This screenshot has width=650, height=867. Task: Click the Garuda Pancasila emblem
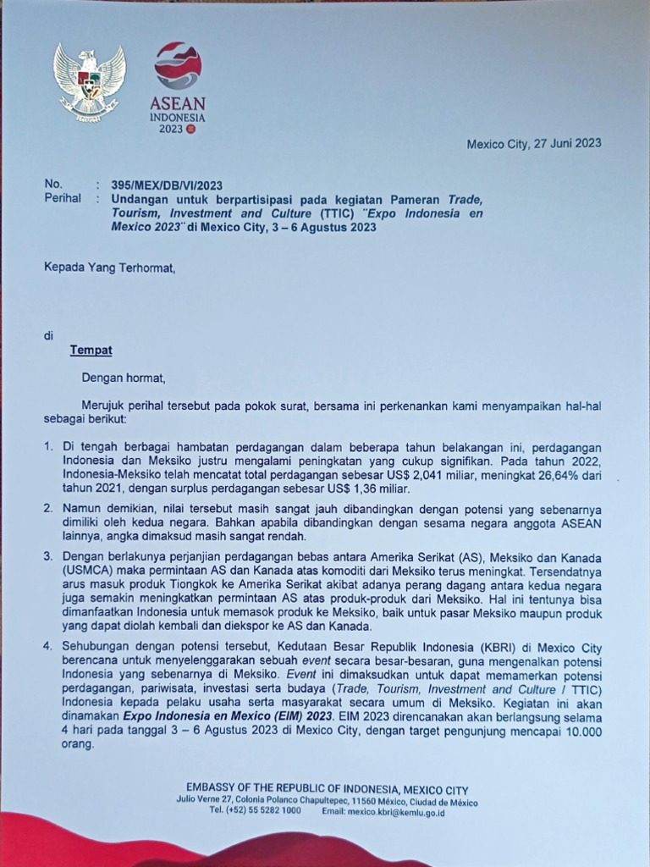[x=89, y=82]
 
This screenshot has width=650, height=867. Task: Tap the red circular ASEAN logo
[x=178, y=66]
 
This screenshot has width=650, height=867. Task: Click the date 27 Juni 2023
[x=566, y=143]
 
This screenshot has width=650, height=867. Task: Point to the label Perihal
[x=63, y=198]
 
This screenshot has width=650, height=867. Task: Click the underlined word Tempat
[x=91, y=350]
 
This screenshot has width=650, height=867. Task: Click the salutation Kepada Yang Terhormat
[x=109, y=268]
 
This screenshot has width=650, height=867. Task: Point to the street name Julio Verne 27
[x=202, y=801]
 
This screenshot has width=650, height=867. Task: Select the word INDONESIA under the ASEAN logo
[x=178, y=118]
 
